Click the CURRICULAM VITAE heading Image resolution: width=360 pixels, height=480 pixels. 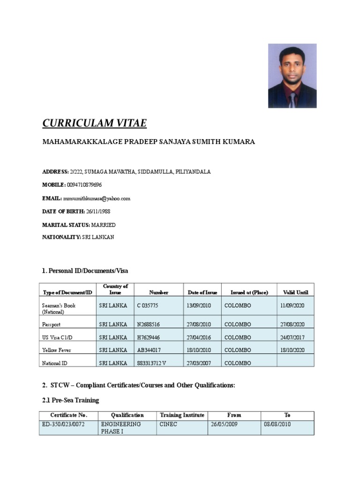(94, 123)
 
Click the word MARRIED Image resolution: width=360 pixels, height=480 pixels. (103, 225)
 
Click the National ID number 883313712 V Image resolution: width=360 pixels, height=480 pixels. (153, 363)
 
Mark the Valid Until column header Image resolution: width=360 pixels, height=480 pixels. (295, 292)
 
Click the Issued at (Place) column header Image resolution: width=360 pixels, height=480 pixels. (249, 292)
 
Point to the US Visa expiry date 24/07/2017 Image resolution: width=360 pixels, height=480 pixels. (292, 337)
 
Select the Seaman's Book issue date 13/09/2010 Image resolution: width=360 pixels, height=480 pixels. (199, 306)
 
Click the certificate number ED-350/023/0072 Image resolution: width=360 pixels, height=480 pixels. (63, 424)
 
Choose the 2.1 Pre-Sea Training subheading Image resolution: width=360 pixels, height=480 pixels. (71, 400)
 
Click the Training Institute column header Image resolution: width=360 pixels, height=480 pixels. (182, 415)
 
